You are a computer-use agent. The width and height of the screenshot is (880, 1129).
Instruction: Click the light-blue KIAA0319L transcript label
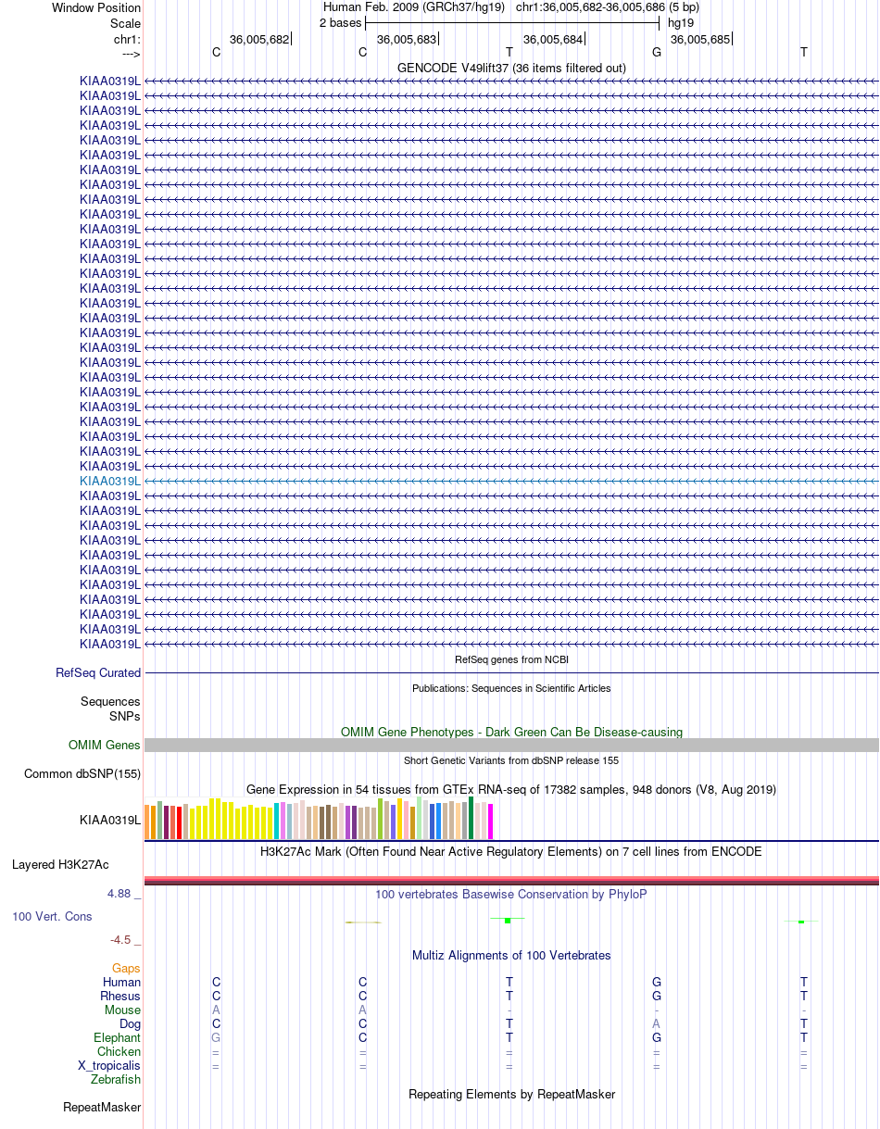coord(110,481)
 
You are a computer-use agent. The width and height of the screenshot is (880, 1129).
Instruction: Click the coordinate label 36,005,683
coord(407,40)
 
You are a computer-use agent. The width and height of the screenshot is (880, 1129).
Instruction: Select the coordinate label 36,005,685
coord(699,40)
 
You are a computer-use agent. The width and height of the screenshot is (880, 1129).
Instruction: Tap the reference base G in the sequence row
coord(657,53)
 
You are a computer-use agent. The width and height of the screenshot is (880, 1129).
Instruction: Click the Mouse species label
coord(122,1010)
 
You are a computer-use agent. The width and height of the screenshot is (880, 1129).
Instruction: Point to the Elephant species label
coord(117,1037)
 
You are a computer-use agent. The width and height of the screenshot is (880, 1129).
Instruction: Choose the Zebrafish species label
coord(115,1079)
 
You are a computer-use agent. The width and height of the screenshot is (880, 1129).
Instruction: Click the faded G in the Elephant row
coord(216,1037)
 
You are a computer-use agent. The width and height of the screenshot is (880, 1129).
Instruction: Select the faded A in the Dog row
coord(657,1023)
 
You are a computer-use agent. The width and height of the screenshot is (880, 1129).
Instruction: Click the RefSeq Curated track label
coord(98,672)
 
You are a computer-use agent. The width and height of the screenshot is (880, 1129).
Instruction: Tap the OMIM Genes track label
coord(105,745)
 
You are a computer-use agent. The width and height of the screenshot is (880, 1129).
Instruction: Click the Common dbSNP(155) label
coord(82,773)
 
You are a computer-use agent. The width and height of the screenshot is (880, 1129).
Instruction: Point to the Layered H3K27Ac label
coord(60,864)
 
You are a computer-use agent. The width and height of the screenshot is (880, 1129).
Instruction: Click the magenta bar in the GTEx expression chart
coord(490,821)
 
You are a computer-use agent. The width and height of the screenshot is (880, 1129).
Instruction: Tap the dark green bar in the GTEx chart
coord(471,818)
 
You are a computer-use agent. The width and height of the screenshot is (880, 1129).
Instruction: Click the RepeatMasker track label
coord(102,1107)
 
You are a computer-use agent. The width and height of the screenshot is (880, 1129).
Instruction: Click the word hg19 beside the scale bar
coord(681,23)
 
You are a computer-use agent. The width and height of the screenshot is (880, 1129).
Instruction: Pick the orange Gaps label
coord(126,968)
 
